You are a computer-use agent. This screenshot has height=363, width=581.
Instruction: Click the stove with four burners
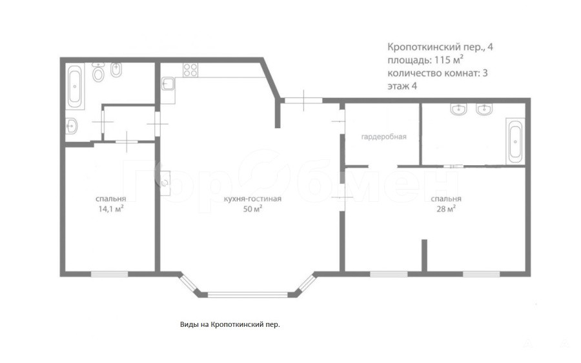point(190,70)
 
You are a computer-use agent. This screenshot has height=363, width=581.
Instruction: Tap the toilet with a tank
point(99,72)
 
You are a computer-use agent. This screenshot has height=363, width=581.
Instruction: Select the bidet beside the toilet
point(116,70)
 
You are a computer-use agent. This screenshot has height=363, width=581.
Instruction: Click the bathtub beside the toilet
point(75,86)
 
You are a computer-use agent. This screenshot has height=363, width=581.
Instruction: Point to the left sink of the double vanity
point(460,109)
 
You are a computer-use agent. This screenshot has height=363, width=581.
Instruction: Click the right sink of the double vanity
point(484,109)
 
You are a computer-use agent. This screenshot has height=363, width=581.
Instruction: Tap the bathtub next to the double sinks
point(515,141)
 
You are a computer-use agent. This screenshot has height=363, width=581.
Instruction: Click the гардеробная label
point(384,137)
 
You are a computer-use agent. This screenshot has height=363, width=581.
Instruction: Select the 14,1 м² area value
point(111,209)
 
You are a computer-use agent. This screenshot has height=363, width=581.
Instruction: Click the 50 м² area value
point(252,209)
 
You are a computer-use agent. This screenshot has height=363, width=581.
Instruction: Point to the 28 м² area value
point(446,209)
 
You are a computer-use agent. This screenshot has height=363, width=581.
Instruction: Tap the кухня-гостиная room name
point(252,199)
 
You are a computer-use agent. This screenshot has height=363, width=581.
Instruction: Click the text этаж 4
point(402,86)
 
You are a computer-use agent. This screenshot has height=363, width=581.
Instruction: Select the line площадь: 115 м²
point(426,60)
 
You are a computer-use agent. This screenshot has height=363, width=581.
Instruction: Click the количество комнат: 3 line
point(437,73)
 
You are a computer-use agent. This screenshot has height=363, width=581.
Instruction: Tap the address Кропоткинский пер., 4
point(440,47)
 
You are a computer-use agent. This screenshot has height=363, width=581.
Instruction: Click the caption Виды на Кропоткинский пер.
point(230,324)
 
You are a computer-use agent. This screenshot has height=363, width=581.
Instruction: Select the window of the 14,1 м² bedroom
point(109,274)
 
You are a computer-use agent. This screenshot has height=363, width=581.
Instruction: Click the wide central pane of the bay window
point(247,295)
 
